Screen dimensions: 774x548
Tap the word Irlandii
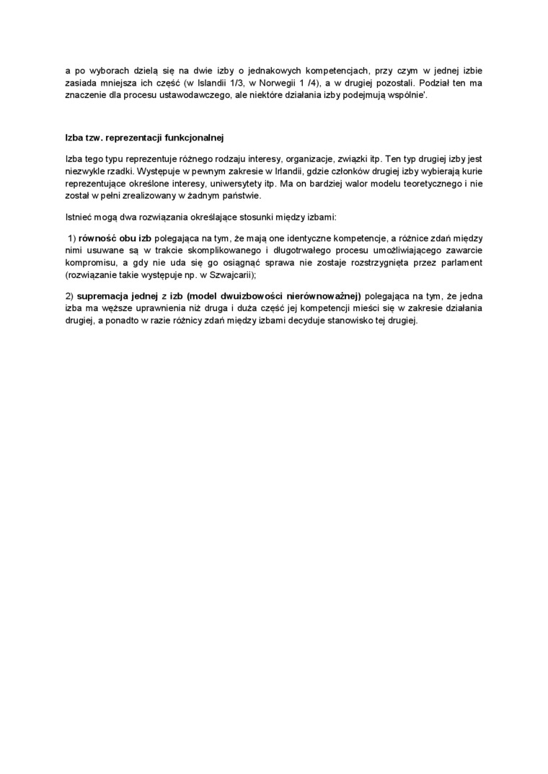286,171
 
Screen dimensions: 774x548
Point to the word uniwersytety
221,183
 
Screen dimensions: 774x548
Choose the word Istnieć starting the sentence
78,216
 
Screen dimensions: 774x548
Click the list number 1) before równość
71,238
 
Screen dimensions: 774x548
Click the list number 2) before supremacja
69,296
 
